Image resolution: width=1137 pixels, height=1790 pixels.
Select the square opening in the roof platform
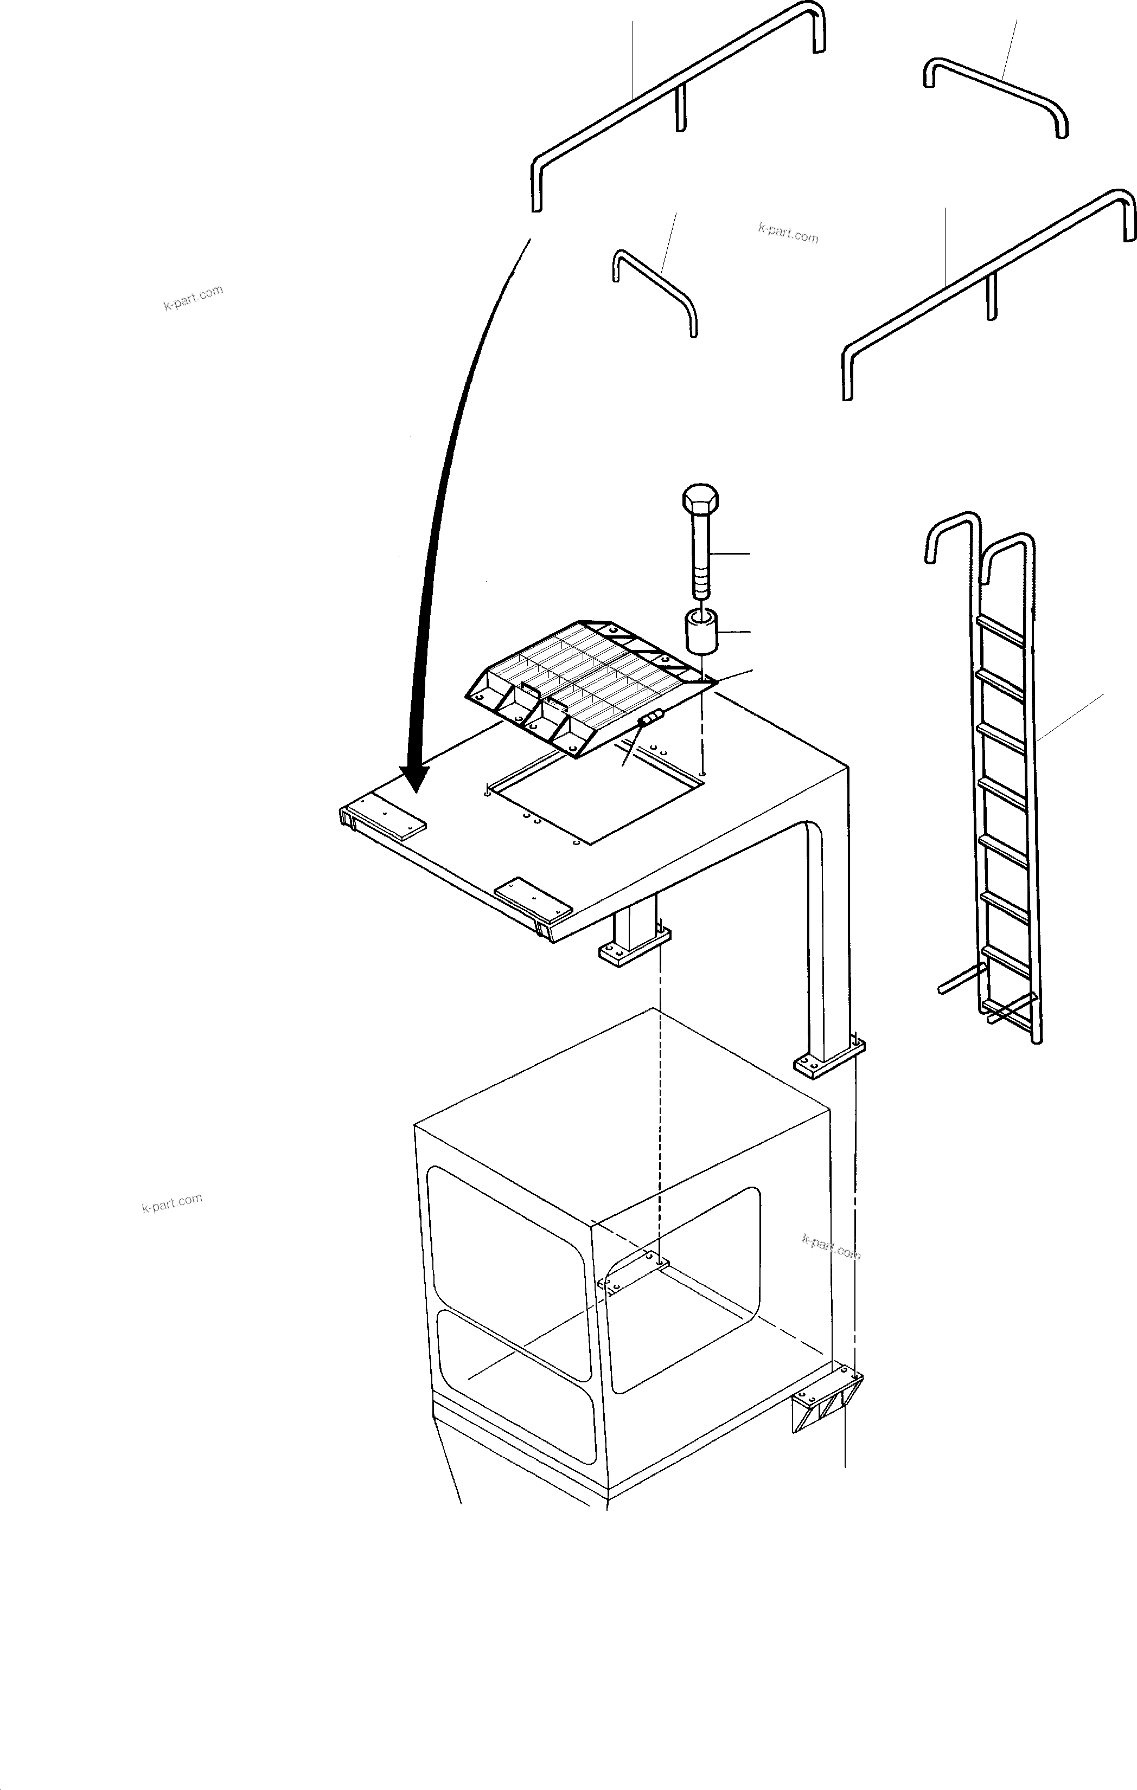[595, 799]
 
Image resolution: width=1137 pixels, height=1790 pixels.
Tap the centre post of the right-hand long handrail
[991, 298]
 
